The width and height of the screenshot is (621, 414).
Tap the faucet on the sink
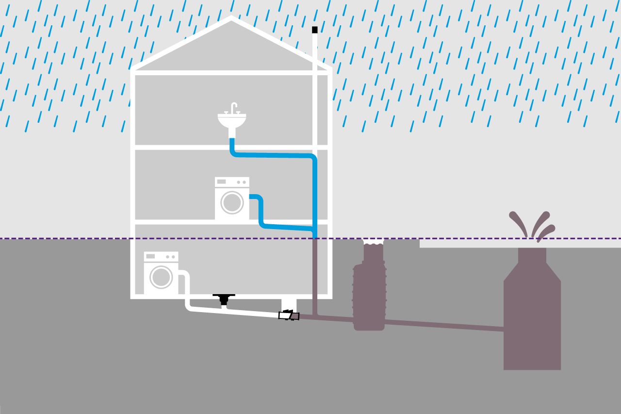pyautogui.click(x=233, y=107)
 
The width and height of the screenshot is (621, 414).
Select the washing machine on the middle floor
pyautogui.click(x=232, y=198)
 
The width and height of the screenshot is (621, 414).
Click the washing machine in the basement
pyautogui.click(x=161, y=273)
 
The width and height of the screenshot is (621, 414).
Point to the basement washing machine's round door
pyautogui.click(x=161, y=277)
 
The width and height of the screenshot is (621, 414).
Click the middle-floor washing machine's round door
pyautogui.click(x=232, y=202)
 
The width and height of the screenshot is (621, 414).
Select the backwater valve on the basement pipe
pyautogui.click(x=289, y=315)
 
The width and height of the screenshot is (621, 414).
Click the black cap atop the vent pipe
pyautogui.click(x=314, y=30)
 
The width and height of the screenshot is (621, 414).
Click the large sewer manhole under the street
pyautogui.click(x=532, y=320)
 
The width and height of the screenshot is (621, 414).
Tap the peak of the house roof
pyautogui.click(x=231, y=18)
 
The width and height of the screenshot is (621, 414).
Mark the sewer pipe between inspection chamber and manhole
pyautogui.click(x=444, y=325)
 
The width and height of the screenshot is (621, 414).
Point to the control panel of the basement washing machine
pyautogui.click(x=161, y=256)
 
